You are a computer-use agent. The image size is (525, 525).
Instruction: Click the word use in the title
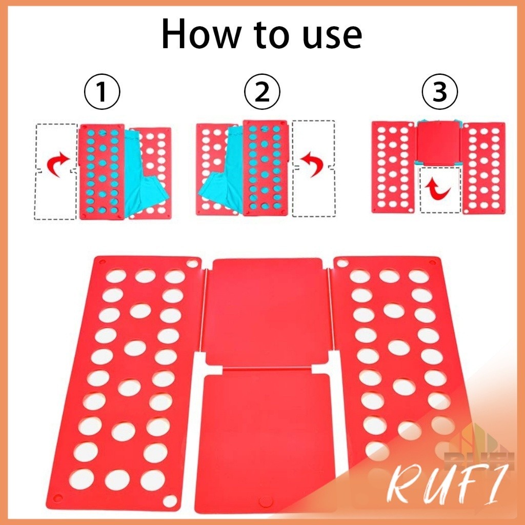[332, 37]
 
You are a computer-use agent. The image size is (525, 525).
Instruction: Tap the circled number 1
[102, 91]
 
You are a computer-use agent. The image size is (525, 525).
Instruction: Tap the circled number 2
[262, 91]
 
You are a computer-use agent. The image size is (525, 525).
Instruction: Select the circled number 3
[440, 91]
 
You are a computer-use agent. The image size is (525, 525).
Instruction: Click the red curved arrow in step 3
[438, 189]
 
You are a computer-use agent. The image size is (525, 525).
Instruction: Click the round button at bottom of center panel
[266, 501]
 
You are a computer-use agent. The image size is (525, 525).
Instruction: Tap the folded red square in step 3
[439, 143]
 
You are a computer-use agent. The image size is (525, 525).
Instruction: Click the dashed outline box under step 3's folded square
[440, 190]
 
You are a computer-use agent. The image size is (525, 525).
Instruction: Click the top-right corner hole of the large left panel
[192, 264]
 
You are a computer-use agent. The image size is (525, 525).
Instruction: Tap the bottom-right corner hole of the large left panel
[170, 501]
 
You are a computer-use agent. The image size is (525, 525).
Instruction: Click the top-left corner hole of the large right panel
[342, 263]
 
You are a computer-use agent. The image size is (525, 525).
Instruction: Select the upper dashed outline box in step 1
[56, 146]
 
